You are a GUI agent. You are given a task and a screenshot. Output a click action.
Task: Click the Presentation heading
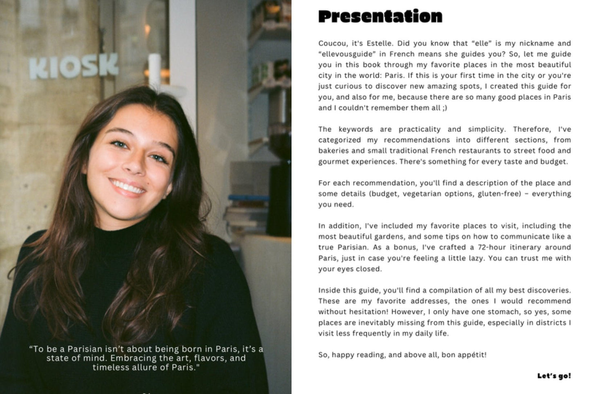tap(380, 16)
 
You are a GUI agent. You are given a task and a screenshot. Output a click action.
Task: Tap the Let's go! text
tap(554, 376)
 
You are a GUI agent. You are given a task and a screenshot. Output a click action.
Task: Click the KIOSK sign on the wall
tap(74, 66)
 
